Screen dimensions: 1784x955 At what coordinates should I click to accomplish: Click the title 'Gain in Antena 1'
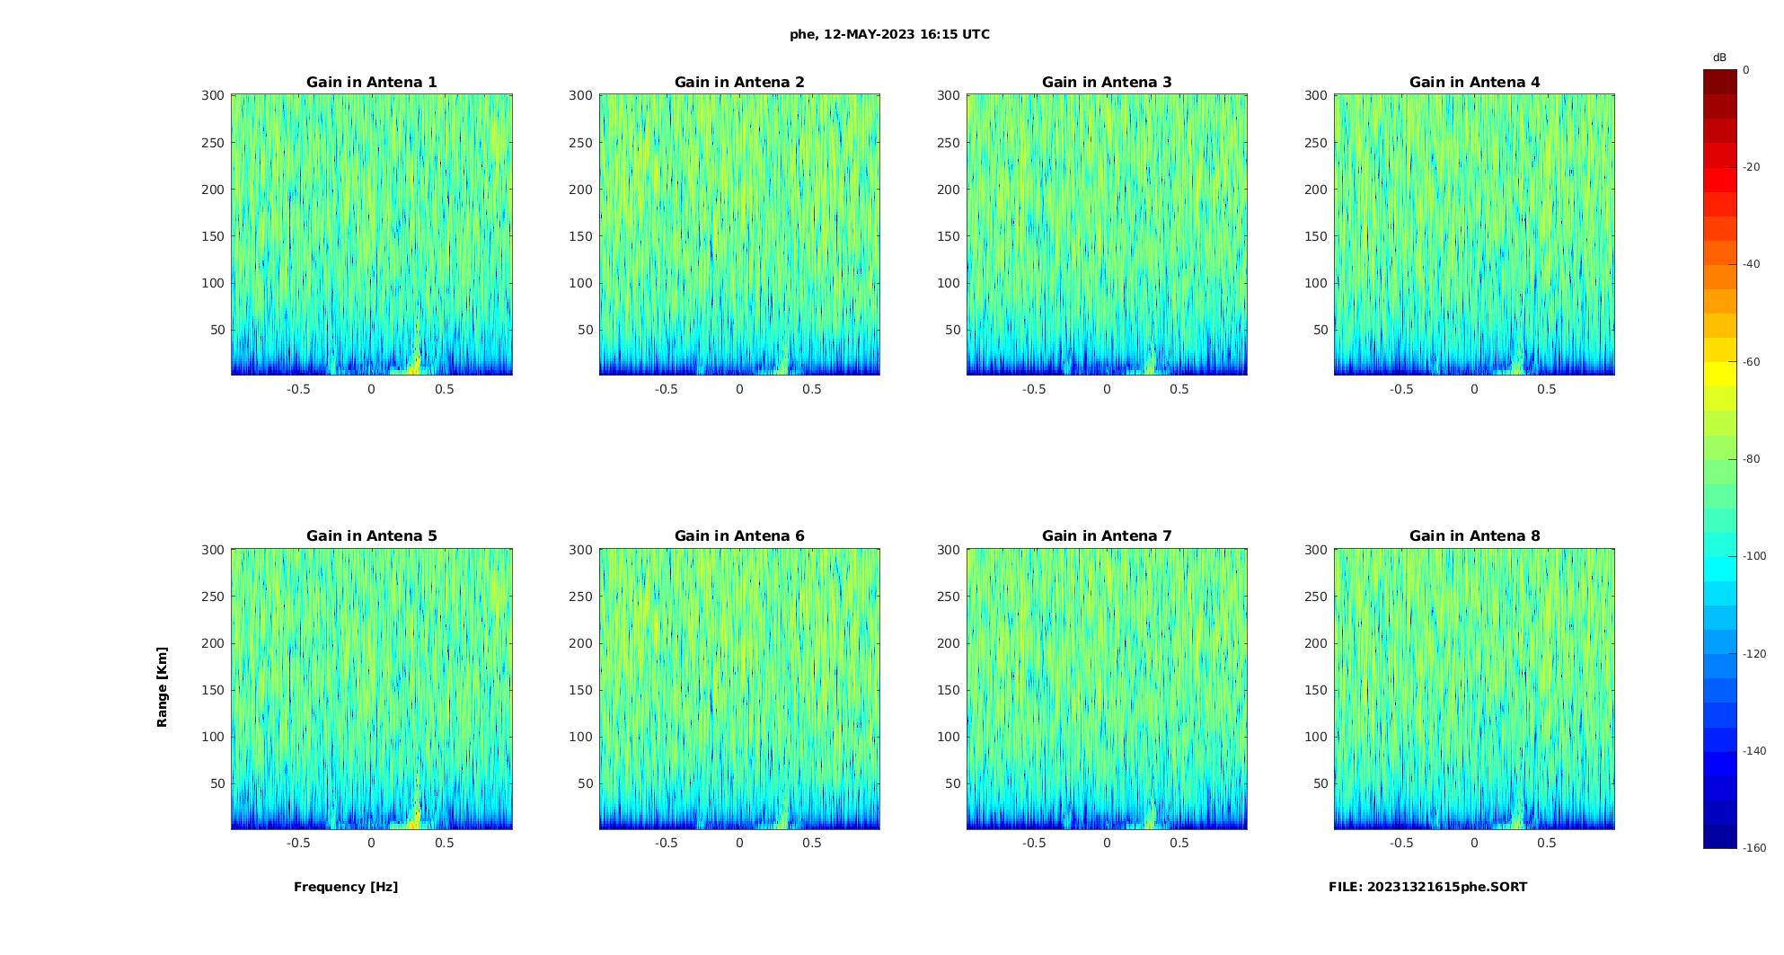(371, 82)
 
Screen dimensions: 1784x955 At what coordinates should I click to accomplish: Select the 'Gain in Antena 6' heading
(739, 535)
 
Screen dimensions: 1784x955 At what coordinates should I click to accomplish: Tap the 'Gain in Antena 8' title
(1474, 535)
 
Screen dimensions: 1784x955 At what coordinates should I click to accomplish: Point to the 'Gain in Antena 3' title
(1107, 82)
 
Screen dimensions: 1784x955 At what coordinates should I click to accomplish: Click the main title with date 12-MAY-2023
(889, 34)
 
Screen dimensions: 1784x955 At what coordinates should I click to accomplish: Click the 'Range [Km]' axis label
(162, 687)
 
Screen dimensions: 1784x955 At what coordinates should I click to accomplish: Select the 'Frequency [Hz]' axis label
(346, 887)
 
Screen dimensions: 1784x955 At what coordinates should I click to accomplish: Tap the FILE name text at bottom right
(1427, 887)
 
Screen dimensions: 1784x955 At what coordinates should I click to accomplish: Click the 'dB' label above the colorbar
(1719, 57)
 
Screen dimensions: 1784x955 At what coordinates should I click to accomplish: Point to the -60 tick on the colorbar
(1751, 362)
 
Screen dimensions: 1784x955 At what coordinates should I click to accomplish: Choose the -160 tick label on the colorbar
(1753, 848)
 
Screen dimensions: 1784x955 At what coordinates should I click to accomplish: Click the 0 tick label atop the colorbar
(1746, 69)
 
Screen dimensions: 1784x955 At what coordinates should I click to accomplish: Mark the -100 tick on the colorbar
(1753, 556)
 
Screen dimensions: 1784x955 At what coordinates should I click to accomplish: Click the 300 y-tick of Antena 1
(212, 95)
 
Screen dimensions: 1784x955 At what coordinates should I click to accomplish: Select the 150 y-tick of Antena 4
(1315, 236)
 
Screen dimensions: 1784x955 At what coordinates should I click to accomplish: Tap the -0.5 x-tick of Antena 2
(666, 389)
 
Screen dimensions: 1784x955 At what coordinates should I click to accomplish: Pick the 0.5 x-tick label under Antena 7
(1179, 843)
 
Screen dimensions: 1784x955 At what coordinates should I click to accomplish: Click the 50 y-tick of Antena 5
(216, 783)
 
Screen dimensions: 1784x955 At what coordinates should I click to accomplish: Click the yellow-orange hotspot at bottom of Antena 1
(414, 363)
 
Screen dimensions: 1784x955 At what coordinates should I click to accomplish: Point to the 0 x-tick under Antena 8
(1474, 843)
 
